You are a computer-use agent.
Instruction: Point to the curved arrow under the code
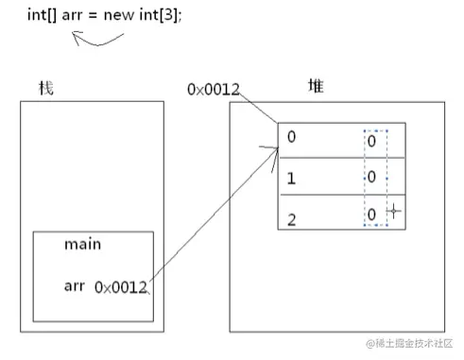97,40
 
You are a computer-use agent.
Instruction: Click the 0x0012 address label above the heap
213,90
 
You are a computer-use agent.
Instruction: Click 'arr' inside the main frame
75,285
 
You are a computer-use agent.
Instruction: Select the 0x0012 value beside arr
121,286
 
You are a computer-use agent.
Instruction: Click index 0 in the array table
291,137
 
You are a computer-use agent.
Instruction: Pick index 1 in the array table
291,177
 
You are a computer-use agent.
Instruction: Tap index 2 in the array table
291,218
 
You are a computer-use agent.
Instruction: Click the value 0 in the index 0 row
371,140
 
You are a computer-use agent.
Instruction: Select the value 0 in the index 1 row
371,177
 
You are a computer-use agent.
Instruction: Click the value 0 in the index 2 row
371,214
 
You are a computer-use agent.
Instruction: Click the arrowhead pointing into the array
268,147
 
